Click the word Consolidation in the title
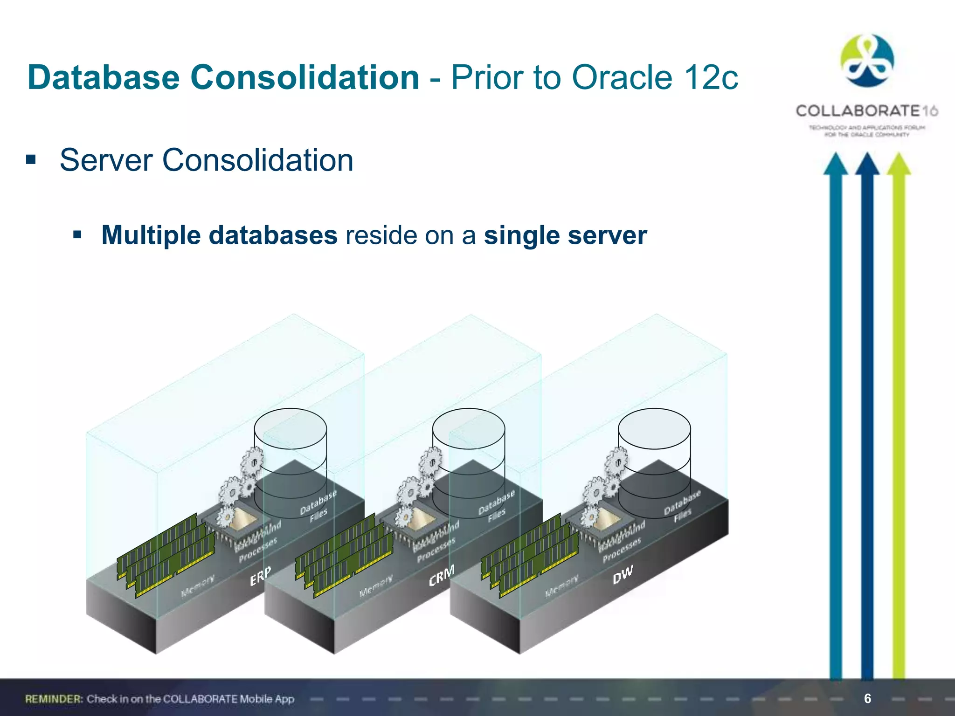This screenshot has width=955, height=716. coord(304,77)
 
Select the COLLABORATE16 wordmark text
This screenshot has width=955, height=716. coord(866,111)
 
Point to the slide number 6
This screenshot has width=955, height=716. coord(867,698)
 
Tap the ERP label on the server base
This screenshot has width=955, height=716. coord(260,577)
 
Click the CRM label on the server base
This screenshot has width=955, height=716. coord(441,576)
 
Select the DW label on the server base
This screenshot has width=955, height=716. coord(623,575)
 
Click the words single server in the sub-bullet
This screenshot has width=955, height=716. coord(565,235)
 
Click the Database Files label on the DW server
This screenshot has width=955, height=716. coord(682,505)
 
